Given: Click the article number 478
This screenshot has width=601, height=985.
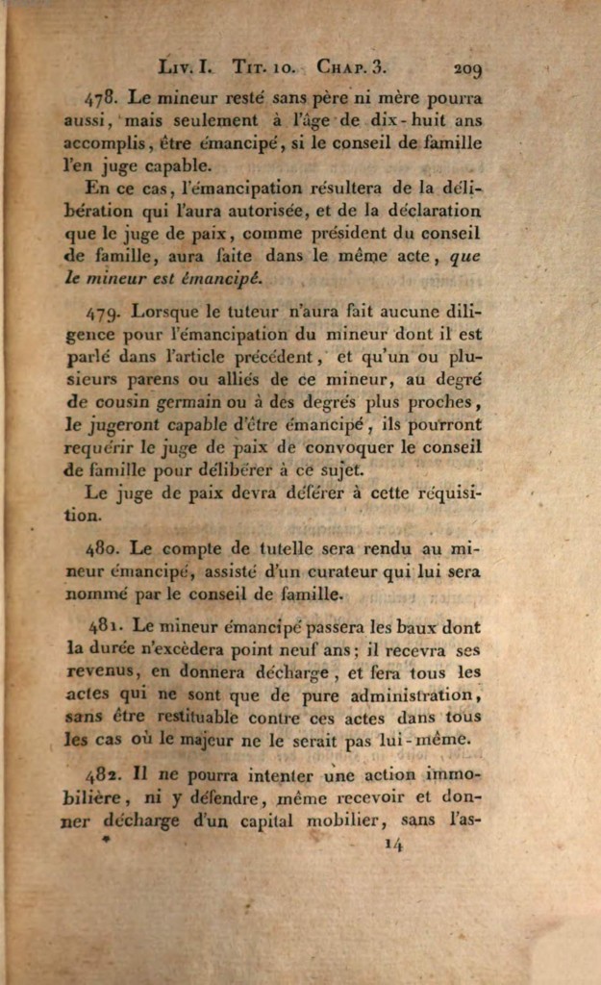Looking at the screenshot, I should click(101, 98).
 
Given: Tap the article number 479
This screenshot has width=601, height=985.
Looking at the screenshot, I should click(103, 312).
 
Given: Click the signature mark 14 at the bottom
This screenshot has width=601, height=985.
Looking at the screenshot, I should click(393, 845).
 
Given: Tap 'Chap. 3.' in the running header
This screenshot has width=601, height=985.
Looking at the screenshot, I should click(351, 69).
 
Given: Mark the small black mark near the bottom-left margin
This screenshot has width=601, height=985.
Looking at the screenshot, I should click(107, 839).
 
